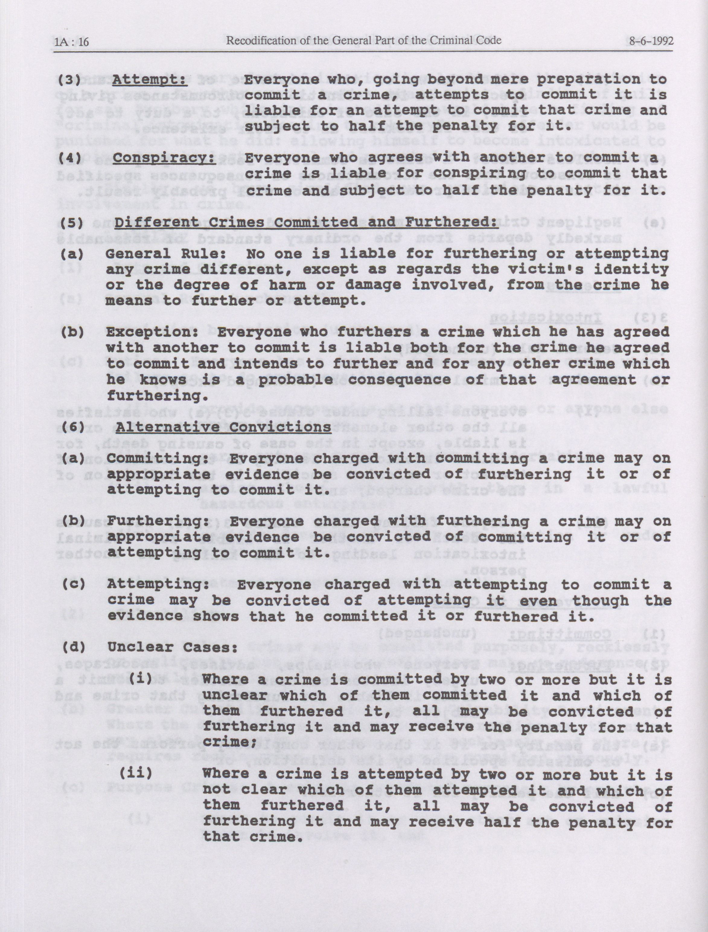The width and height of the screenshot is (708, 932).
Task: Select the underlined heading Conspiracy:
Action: pos(165,158)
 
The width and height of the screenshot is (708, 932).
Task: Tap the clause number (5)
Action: pos(70,222)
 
